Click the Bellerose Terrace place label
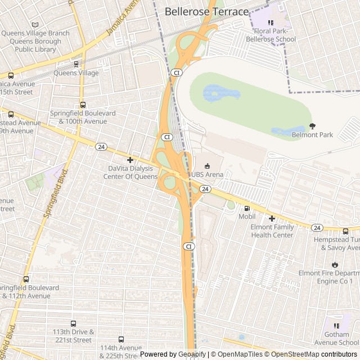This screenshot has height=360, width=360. (206, 11)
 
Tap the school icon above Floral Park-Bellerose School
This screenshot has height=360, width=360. (271, 22)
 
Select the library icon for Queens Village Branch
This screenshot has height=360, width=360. (35, 25)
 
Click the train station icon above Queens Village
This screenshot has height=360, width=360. (76, 64)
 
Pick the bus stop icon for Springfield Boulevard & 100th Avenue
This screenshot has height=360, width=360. (83, 105)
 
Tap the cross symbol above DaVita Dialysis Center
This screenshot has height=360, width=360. (130, 160)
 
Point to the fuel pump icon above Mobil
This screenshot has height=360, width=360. (246, 208)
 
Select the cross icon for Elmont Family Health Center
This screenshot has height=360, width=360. (272, 218)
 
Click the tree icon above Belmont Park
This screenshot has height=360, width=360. (312, 127)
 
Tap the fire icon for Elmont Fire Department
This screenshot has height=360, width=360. (335, 264)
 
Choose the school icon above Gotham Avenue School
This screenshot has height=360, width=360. (336, 325)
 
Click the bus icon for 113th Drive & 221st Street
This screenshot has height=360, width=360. (72, 323)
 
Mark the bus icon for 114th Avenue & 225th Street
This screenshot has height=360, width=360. (121, 339)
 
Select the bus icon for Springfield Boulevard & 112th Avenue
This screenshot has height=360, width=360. (26, 279)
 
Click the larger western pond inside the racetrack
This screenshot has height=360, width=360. (220, 93)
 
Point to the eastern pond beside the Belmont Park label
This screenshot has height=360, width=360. (288, 131)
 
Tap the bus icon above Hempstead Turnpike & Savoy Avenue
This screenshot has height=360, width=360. (345, 231)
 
